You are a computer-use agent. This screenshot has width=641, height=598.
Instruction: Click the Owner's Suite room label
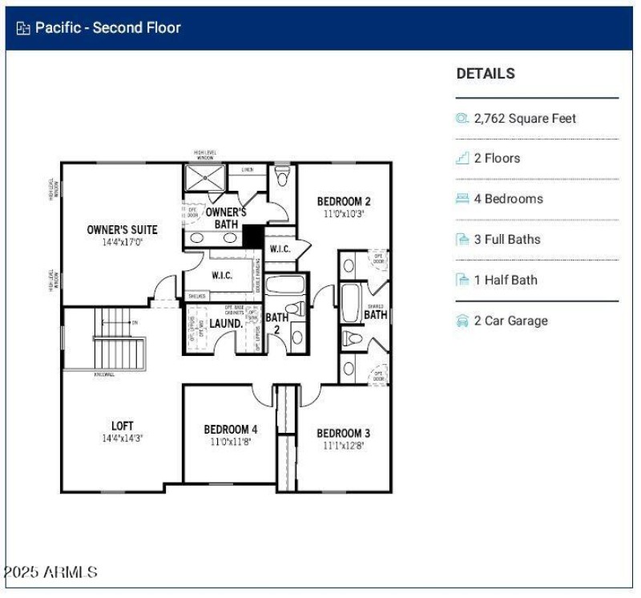pos(122,230)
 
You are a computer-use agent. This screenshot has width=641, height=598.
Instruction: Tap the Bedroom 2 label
pos(344,201)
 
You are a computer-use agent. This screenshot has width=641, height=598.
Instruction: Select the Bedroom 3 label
pos(343,434)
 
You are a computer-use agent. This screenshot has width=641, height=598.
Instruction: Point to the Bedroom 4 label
pos(231,430)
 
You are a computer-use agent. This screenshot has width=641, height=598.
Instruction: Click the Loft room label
pos(122,426)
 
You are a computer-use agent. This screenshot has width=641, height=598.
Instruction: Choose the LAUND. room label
pos(226,324)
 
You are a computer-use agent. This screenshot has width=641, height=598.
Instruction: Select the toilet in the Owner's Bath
pos(282,175)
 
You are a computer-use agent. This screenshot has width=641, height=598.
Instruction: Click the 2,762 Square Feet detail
pos(525,119)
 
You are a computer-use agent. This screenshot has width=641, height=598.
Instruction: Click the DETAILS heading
pos(486,74)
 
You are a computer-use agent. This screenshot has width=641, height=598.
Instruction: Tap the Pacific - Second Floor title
pos(107,28)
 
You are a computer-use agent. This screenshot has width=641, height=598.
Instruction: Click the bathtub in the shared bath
pos(351,302)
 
